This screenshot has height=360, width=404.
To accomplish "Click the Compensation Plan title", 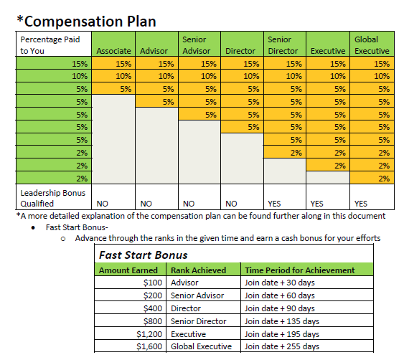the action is [86, 21].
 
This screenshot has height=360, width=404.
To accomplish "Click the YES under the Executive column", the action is [316, 204].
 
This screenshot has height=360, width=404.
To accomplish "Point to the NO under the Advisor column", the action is [146, 204].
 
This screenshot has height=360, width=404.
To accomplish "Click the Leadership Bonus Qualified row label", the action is [53, 198].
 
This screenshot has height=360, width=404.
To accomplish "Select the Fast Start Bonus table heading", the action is [144, 255].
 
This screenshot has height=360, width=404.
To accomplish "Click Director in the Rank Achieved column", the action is [186, 308].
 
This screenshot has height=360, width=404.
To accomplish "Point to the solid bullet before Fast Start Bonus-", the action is [33, 227].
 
